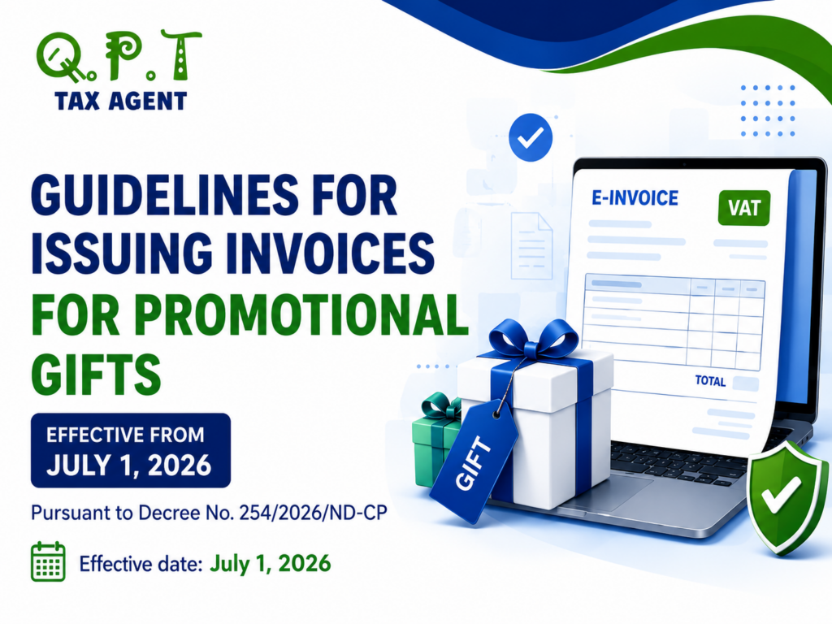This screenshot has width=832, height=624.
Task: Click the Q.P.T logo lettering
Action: (x=119, y=57)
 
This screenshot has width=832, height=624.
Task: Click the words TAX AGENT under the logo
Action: (x=121, y=101)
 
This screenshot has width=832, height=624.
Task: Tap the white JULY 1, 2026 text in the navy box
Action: (x=129, y=465)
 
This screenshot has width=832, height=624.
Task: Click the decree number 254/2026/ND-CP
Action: (x=313, y=513)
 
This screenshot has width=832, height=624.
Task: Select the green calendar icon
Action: (x=48, y=561)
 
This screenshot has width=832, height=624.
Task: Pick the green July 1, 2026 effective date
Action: (x=271, y=563)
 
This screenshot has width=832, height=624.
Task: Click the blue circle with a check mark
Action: (x=531, y=137)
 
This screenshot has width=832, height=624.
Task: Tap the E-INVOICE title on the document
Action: (x=635, y=198)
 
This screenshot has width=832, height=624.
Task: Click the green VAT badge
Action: (x=744, y=208)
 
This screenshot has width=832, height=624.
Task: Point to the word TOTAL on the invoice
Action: (x=710, y=381)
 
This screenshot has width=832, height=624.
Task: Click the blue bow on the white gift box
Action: (x=533, y=339)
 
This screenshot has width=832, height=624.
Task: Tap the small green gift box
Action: (x=436, y=436)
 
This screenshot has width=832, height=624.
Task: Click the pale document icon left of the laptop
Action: (x=531, y=245)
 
